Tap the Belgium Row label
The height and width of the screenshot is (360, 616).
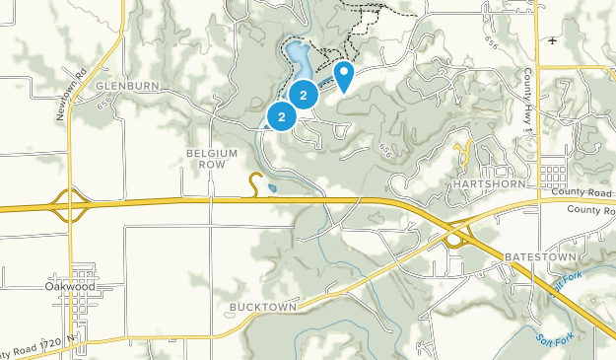pos(213,159)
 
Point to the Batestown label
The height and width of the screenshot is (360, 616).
pos(538,255)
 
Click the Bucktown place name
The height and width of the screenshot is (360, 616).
pos(263,307)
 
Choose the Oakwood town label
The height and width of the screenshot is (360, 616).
pos(74,287)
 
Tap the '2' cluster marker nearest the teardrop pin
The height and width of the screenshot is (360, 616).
pos(304,96)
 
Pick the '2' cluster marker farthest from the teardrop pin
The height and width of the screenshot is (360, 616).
pos(282,117)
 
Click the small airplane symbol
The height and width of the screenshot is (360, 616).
pos(553,40)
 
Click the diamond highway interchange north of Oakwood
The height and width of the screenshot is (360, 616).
pos(68,207)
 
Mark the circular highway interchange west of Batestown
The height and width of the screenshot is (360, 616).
pos(455,240)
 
